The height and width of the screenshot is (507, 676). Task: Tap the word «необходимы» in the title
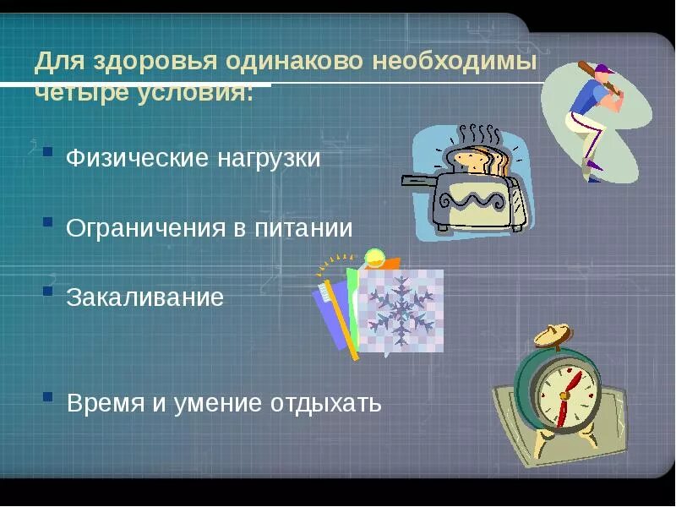click(x=459, y=63)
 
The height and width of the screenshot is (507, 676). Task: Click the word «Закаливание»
click(x=144, y=297)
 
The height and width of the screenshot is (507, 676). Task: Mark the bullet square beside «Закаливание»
click(x=48, y=291)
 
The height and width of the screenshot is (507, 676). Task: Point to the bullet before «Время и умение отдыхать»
click(x=48, y=396)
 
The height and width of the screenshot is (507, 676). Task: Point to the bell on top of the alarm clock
click(x=551, y=335)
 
